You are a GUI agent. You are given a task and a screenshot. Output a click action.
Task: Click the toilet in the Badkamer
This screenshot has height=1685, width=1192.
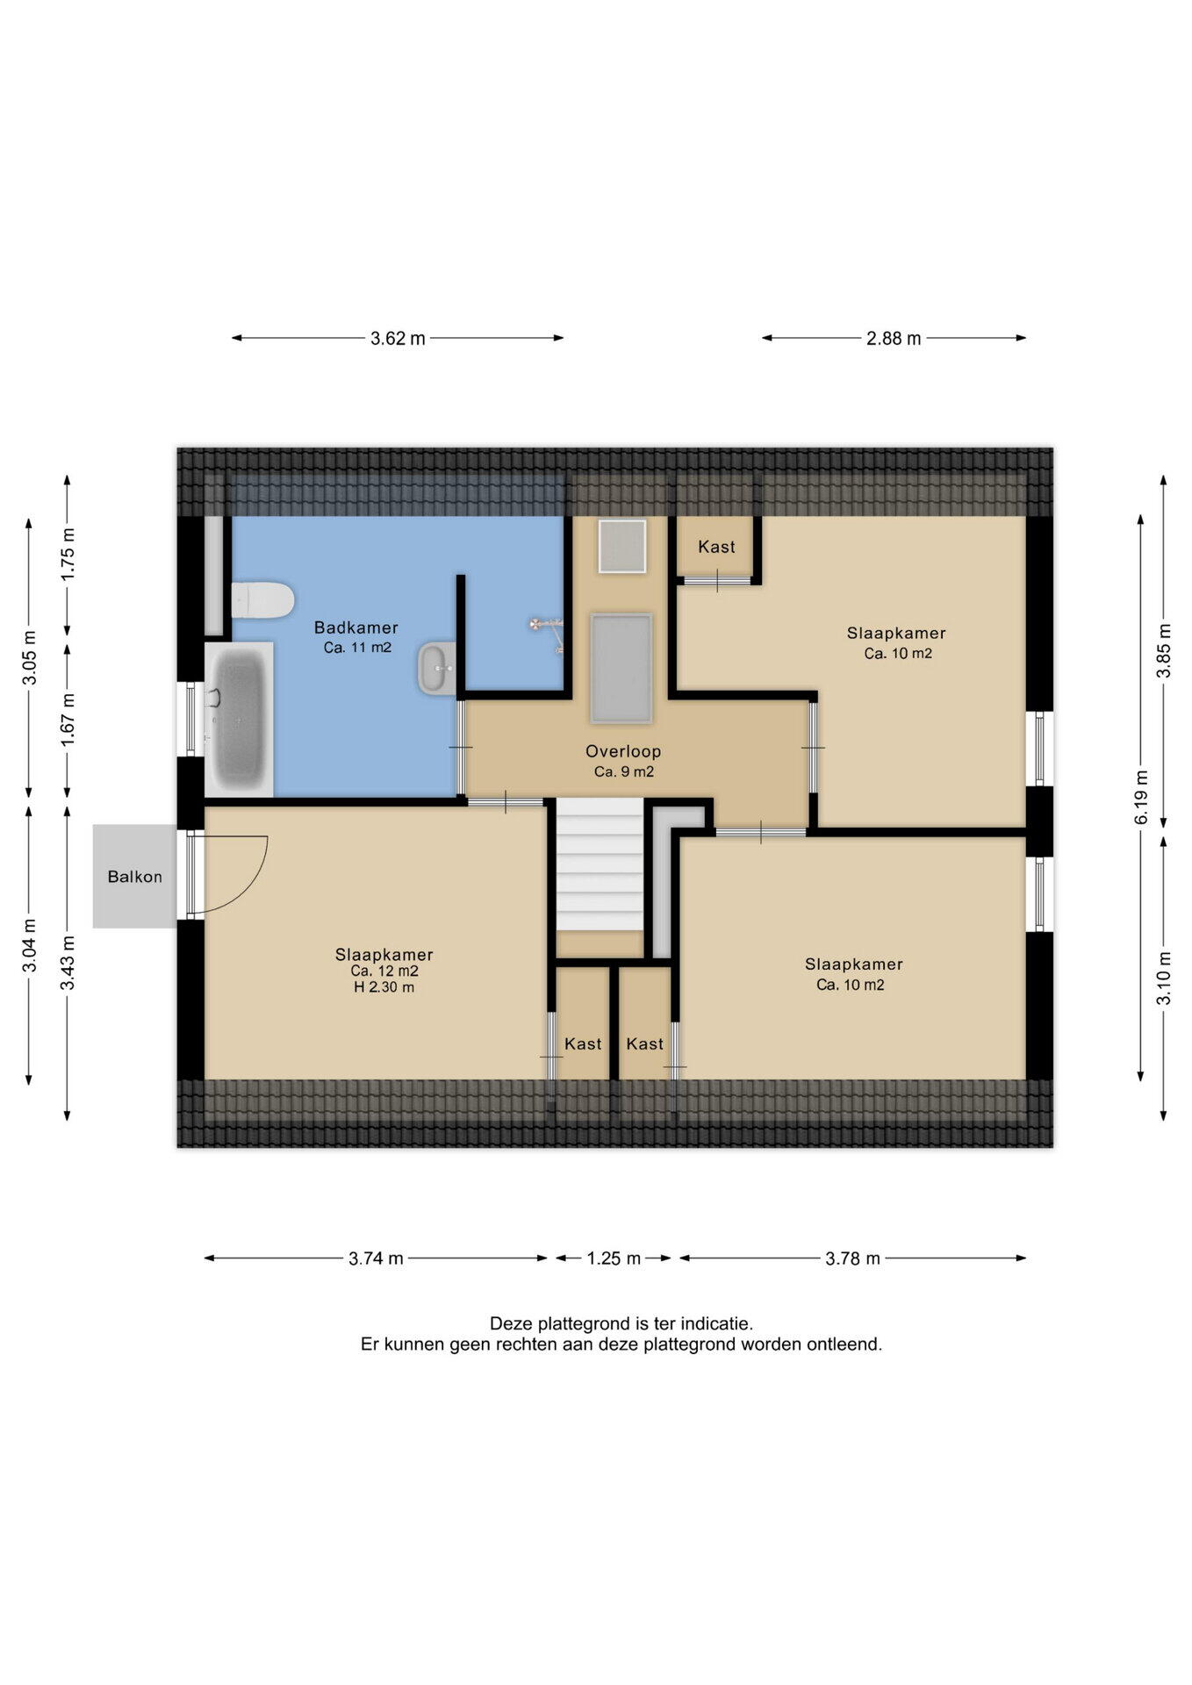click(x=262, y=600)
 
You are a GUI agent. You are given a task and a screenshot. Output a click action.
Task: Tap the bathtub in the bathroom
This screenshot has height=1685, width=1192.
click(x=239, y=719)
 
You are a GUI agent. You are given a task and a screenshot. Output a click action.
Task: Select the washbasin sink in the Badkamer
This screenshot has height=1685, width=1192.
click(x=437, y=669)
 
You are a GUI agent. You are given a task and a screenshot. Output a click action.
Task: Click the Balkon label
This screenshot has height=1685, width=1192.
click(x=135, y=877)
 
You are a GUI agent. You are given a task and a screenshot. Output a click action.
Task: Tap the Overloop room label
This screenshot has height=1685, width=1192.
click(x=623, y=751)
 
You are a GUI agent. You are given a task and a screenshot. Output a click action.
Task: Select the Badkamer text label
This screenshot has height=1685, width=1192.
click(x=356, y=627)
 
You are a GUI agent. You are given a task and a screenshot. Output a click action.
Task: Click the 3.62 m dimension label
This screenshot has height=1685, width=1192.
click(x=398, y=338)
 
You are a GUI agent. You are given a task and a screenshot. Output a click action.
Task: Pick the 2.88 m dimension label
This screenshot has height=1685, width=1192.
click(x=894, y=338)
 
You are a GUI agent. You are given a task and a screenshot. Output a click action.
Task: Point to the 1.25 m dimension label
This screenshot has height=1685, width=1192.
click(x=614, y=1258)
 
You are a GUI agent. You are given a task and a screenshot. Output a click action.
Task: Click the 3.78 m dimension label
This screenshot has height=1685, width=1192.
click(x=852, y=1258)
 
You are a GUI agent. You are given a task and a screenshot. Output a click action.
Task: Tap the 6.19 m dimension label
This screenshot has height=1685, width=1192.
click(x=1140, y=797)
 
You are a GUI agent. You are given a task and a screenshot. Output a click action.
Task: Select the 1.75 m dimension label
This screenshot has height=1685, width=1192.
click(x=68, y=553)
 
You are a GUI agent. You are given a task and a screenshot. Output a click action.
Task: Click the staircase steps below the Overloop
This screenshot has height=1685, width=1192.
click(x=600, y=864)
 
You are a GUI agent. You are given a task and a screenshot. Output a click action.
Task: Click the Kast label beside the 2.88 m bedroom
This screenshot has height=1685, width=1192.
click(x=716, y=547)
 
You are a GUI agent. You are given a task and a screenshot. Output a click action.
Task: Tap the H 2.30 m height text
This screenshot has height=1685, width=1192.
click(x=384, y=987)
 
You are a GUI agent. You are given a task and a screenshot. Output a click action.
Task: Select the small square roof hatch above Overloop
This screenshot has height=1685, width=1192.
click(x=622, y=546)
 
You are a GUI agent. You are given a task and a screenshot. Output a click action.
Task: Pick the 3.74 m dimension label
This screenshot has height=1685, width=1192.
click(x=376, y=1258)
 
